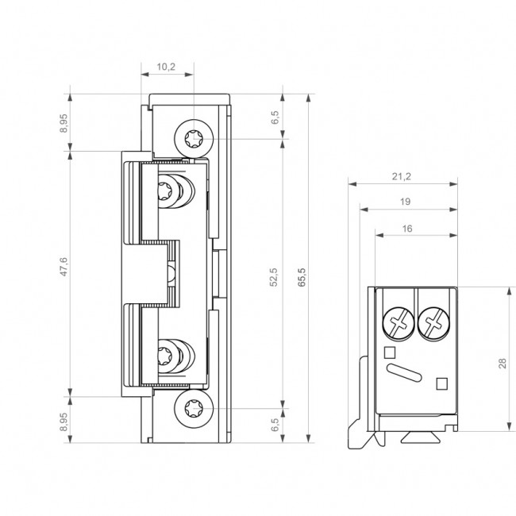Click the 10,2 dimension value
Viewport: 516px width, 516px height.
[x=166, y=67]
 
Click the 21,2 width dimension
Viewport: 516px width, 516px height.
[x=402, y=176]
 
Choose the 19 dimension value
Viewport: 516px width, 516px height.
[x=406, y=202]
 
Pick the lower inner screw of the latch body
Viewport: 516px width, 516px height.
[x=169, y=353]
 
